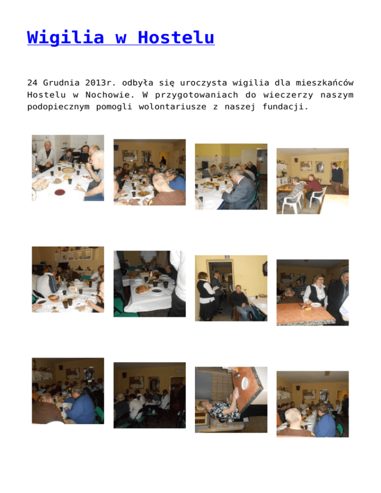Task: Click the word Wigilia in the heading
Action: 65,37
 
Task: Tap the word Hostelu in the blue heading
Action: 176,37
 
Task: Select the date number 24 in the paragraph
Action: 32,83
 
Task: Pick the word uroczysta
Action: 203,83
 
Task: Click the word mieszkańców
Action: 324,83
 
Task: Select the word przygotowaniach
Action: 196,95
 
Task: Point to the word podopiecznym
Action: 58,107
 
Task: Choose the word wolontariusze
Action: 173,107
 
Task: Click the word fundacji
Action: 285,107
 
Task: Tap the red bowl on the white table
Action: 60,192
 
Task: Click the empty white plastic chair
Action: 318,196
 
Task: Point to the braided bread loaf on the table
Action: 143,289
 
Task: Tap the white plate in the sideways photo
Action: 245,382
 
